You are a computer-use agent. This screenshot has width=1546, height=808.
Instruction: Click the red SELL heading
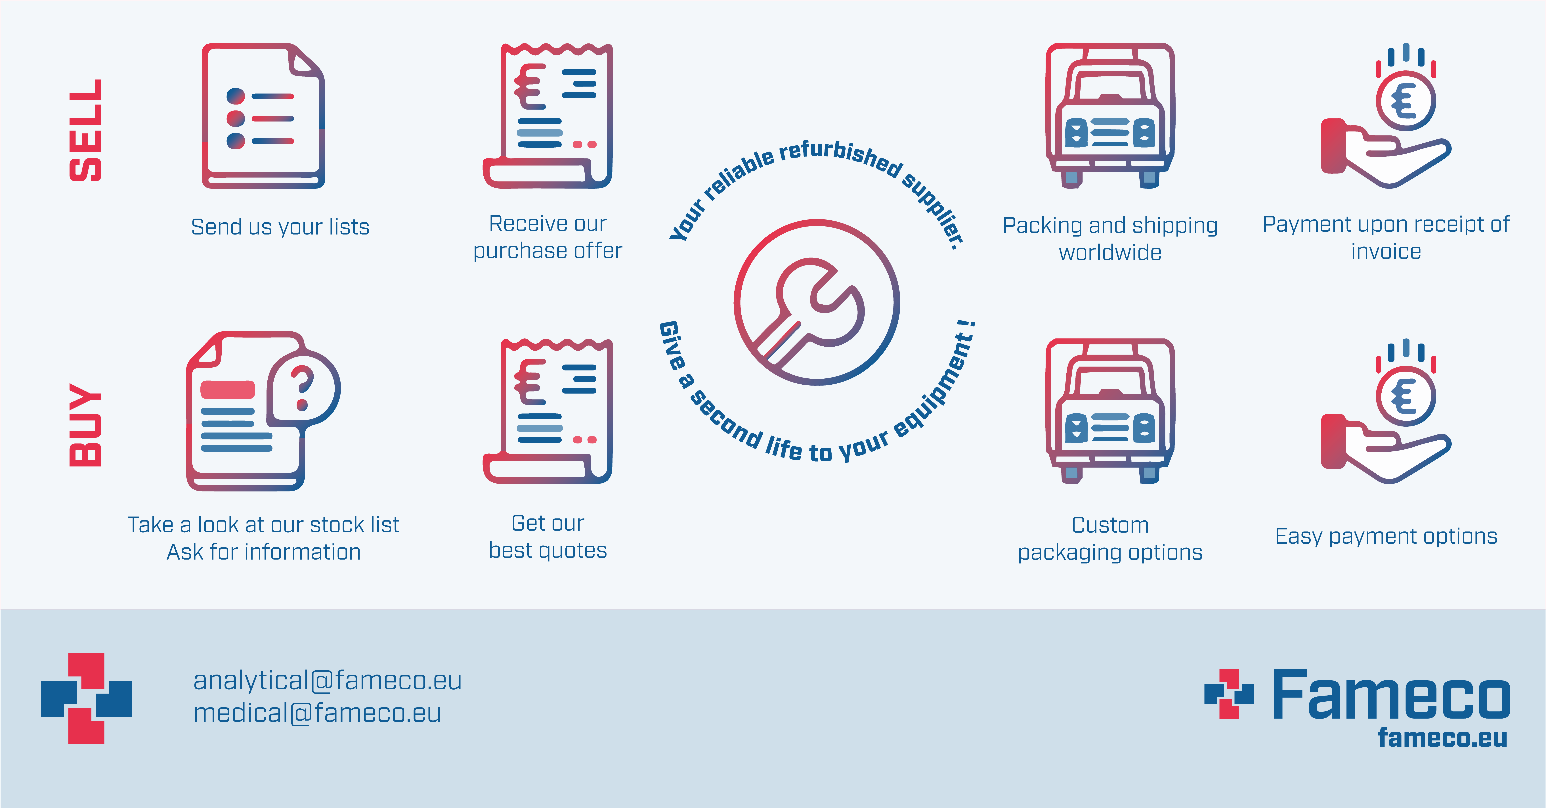(86, 130)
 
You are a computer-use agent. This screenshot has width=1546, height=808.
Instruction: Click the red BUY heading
(86, 425)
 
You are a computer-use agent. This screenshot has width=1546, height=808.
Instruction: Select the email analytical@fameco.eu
(327, 680)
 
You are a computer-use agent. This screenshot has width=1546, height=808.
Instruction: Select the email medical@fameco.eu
(317, 713)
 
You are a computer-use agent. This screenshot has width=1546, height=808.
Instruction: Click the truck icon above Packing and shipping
(1110, 115)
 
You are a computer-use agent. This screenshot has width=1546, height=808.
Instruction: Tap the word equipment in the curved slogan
(936, 384)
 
